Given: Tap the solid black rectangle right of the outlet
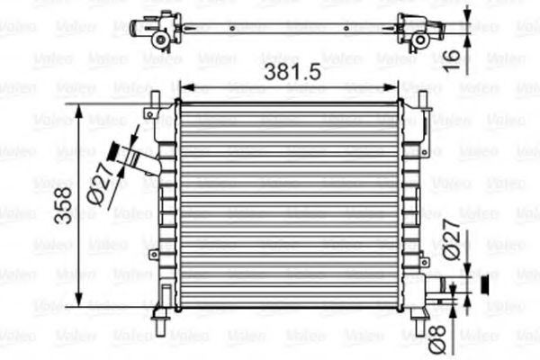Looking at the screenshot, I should [487, 286].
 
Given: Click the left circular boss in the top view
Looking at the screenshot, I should [160, 40].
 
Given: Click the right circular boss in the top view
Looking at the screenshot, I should [418, 40].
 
